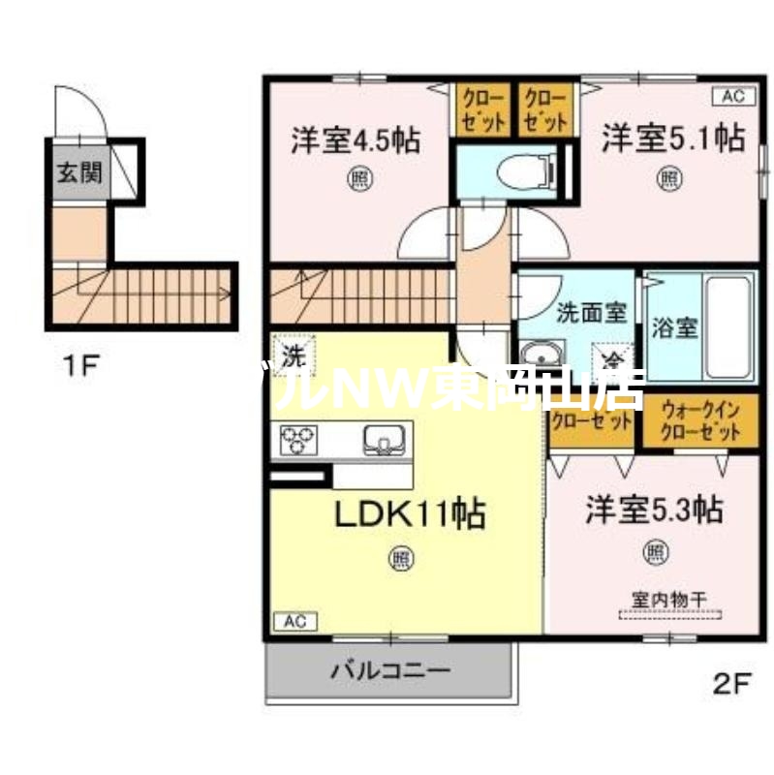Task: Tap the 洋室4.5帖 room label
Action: pyautogui.click(x=356, y=140)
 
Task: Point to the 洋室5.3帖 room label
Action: pyautogui.click(x=654, y=510)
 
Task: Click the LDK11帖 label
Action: pyautogui.click(x=410, y=512)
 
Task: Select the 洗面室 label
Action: pyautogui.click(x=592, y=313)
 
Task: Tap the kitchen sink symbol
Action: pyautogui.click(x=385, y=441)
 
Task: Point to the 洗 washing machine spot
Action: pyautogui.click(x=289, y=355)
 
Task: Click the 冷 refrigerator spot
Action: pyautogui.click(x=611, y=358)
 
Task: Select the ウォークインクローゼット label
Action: pyautogui.click(x=700, y=421)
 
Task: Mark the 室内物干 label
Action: pyautogui.click(x=669, y=600)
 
